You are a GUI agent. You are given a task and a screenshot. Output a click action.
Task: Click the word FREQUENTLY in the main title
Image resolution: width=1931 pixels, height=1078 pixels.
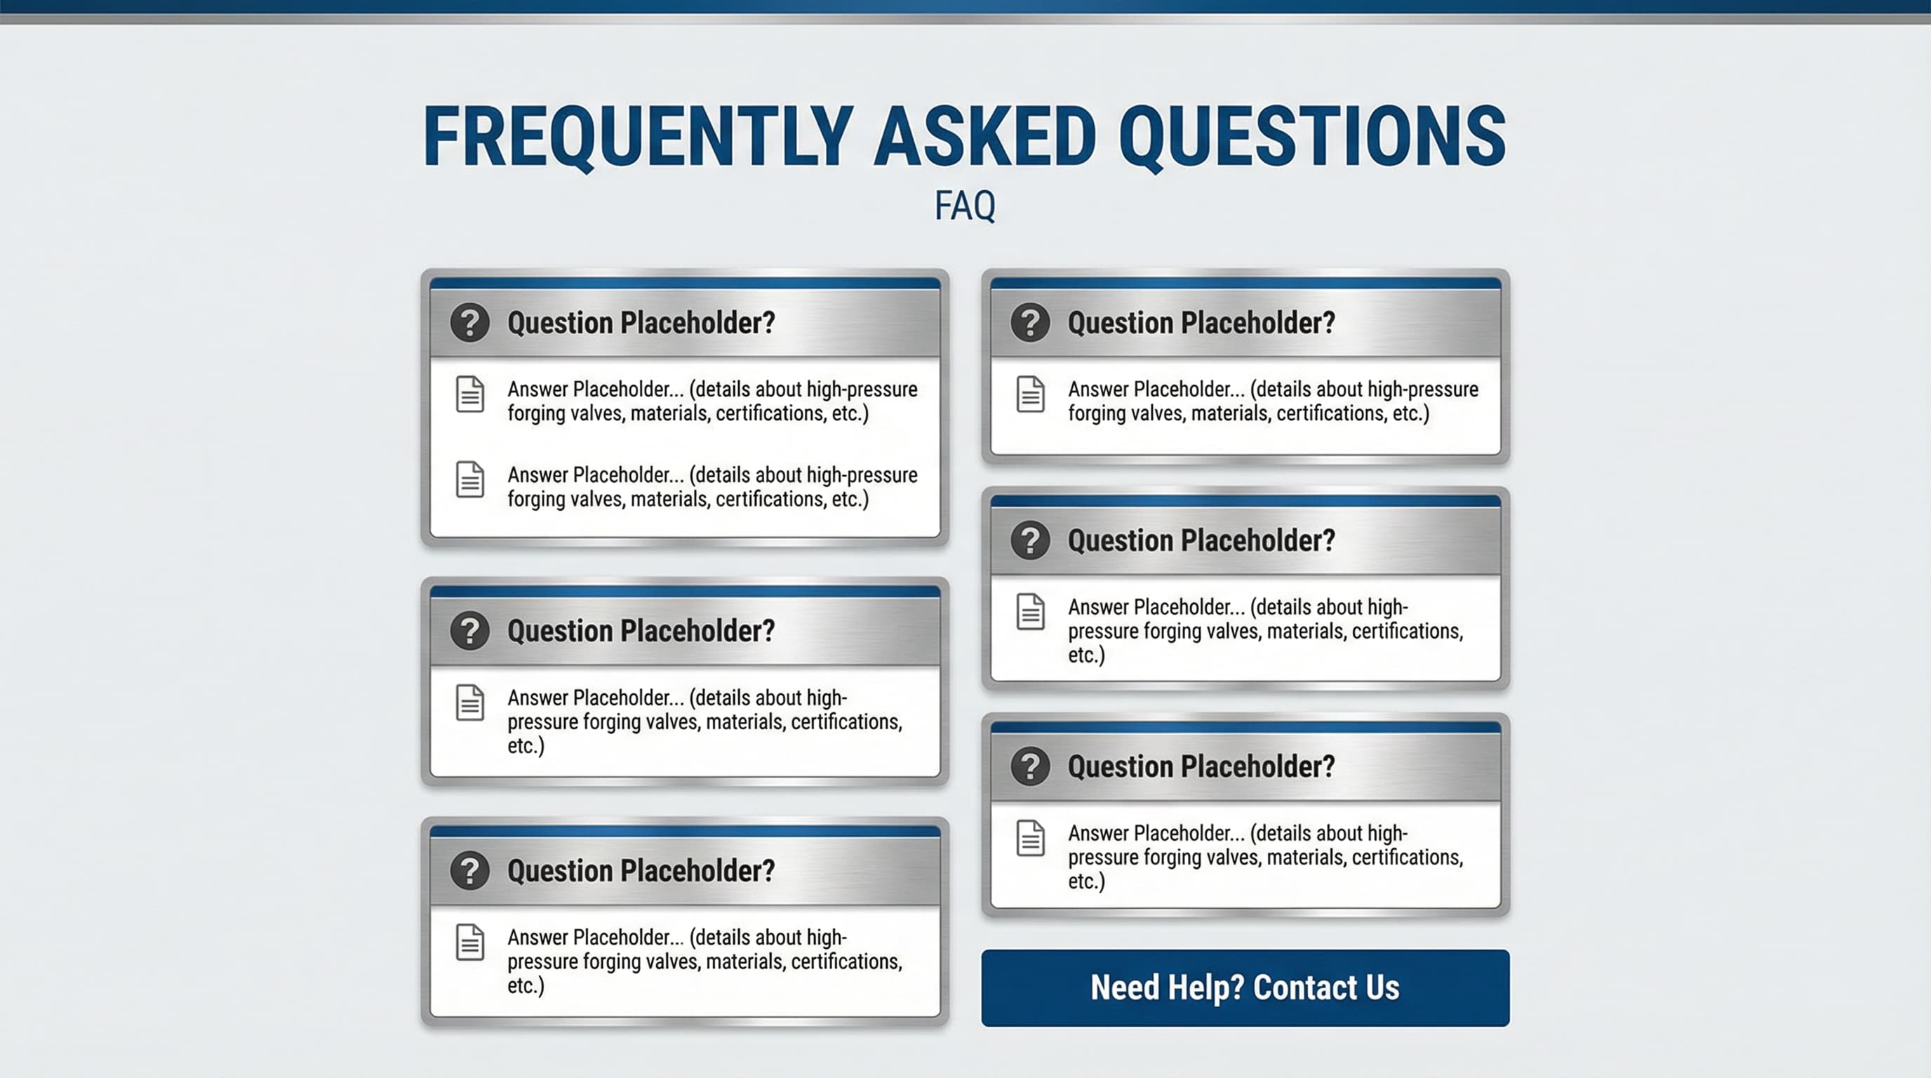click(x=638, y=136)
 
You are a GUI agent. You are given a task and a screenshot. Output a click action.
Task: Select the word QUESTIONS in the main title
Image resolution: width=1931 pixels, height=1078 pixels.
click(x=1312, y=136)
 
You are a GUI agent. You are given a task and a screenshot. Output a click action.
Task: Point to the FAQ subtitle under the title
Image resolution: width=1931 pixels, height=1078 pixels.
click(x=965, y=206)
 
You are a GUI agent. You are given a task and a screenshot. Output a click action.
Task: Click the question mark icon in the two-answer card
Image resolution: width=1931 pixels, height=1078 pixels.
click(x=469, y=322)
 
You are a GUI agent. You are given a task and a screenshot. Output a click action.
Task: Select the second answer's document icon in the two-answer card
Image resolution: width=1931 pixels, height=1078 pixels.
click(x=469, y=480)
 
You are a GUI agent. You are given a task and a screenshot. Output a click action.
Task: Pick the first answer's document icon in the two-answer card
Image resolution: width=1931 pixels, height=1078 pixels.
click(x=469, y=394)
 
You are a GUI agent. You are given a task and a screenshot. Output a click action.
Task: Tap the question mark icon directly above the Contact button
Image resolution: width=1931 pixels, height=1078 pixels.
click(x=1030, y=766)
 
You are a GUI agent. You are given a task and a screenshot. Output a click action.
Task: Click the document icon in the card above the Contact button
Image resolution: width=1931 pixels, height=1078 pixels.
click(x=1030, y=838)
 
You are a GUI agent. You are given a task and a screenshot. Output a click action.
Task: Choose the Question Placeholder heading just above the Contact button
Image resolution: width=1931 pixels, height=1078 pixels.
click(x=1201, y=766)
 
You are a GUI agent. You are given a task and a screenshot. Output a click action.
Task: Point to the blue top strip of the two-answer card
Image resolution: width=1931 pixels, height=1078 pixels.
click(x=684, y=284)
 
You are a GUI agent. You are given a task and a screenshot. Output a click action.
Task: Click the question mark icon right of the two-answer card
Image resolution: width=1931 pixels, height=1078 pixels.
click(x=1030, y=322)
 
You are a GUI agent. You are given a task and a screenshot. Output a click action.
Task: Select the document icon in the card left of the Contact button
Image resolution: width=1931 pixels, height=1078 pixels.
click(x=469, y=943)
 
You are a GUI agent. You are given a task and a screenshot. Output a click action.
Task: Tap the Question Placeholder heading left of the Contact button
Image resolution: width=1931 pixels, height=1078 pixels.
click(x=641, y=870)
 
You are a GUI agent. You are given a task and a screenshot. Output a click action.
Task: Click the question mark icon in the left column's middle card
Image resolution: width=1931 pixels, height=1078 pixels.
click(x=469, y=630)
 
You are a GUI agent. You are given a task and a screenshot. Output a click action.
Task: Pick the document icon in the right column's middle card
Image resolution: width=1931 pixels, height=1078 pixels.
click(x=1030, y=612)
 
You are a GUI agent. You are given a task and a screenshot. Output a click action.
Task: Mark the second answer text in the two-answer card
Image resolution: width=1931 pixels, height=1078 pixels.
click(x=711, y=486)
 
